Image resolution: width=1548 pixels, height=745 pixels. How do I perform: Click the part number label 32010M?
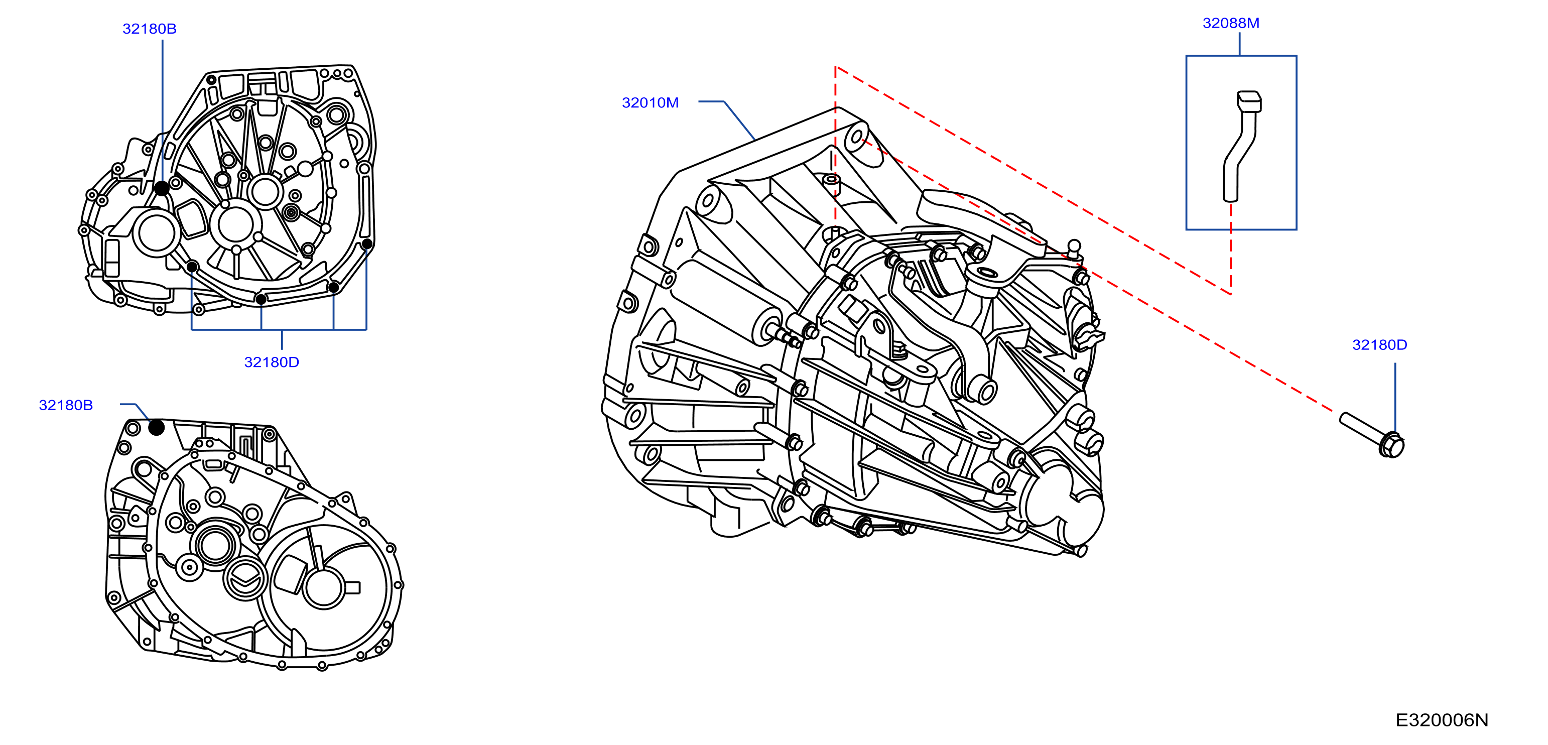[x=650, y=103]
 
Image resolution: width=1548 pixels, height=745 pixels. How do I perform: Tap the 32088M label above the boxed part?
[x=1230, y=23]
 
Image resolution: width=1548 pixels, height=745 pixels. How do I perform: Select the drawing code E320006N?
[x=1441, y=720]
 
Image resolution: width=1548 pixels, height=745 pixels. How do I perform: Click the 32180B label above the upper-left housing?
[x=149, y=28]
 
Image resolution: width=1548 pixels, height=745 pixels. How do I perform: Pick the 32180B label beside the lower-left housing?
[x=65, y=405]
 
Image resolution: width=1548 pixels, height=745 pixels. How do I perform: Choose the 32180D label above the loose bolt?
[x=1379, y=344]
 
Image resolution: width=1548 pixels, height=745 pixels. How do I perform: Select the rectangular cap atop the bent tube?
[x=1249, y=100]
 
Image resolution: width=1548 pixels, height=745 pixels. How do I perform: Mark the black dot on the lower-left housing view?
[x=156, y=427]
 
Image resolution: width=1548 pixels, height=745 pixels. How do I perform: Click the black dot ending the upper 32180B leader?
[x=162, y=188]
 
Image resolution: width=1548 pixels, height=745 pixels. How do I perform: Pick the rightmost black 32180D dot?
[x=366, y=243]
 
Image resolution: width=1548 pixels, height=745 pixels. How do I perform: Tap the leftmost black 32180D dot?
[x=192, y=267]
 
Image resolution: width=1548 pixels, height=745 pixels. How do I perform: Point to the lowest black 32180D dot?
[x=261, y=299]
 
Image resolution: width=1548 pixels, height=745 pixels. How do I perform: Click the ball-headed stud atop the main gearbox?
[x=1073, y=247]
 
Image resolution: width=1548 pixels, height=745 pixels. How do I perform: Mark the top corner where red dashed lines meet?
[x=835, y=67]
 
